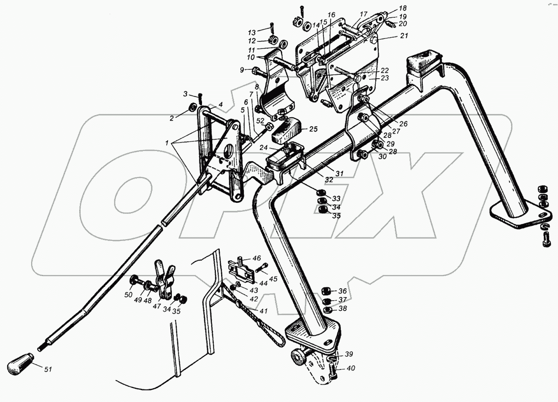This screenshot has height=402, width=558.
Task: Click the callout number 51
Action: pos(48,369)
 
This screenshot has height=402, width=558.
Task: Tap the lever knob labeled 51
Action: pos(20,364)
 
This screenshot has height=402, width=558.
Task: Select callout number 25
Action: pos(314,129)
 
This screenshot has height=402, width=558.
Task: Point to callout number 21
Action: pos(404,36)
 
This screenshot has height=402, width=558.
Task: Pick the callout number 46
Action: pos(257,258)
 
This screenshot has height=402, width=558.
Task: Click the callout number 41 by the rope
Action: pos(263,311)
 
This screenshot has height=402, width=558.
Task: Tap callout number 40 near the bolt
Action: pos(351,368)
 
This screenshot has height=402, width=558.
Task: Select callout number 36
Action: pos(343,291)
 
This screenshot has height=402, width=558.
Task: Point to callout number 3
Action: pos(185,94)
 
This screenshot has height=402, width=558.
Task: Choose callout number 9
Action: pos(242,70)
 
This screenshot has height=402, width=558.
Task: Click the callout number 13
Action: pos(252,32)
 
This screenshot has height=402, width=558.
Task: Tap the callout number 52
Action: pos(260,121)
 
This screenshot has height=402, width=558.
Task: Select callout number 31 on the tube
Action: pos(339,173)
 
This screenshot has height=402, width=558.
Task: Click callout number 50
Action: pos(128,295)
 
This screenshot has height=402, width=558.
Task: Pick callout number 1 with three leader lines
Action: pos(167,143)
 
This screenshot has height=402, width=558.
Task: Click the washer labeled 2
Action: pos(193,107)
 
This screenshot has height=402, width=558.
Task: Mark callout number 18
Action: pos(403,8)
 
